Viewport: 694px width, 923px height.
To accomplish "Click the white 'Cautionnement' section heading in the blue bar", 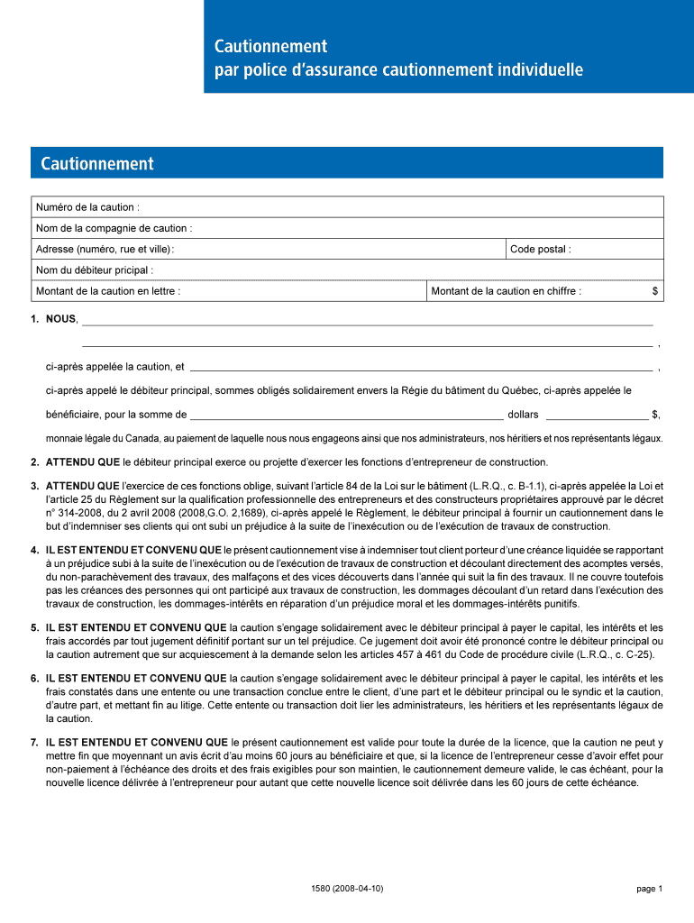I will point(97,164).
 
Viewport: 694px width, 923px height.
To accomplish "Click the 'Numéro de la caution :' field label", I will point(87,207).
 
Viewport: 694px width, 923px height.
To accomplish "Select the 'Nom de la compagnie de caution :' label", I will point(114,228).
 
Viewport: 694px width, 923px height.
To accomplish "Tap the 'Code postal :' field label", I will point(540,249).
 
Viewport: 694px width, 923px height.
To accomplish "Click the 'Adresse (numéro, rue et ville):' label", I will point(105,249).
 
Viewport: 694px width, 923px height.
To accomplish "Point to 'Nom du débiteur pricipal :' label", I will point(94,270).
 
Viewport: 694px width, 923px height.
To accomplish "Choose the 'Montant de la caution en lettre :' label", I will point(107,291).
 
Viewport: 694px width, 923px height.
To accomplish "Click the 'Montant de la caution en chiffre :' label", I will point(506,291).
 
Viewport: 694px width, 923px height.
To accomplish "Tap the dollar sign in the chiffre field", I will point(655,291).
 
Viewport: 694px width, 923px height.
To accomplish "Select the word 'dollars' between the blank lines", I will point(523,415).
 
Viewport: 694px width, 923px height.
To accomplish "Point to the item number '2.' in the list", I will point(34,462).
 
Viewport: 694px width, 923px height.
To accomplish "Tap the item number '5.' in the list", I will point(34,627).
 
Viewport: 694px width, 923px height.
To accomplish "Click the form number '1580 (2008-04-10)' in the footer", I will point(346,889).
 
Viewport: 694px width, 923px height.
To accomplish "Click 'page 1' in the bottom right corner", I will point(649,889).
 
